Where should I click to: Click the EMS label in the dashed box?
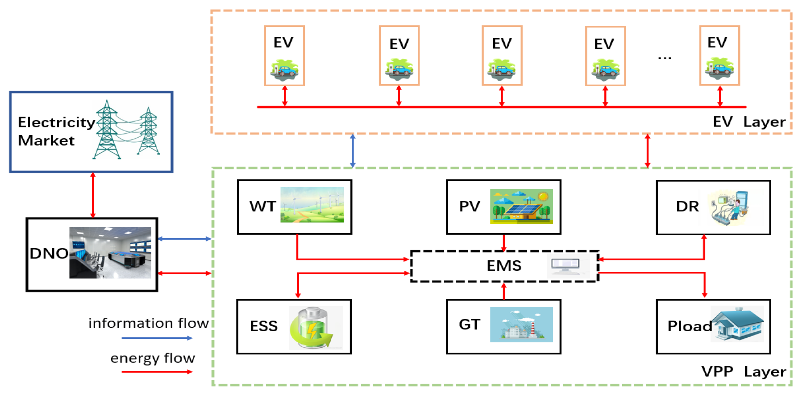(x=504, y=266)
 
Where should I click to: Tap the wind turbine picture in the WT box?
(x=312, y=205)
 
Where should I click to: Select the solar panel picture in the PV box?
(x=521, y=206)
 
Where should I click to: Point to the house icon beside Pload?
(x=737, y=324)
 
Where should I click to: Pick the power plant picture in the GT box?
(x=521, y=325)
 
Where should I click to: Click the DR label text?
(x=687, y=206)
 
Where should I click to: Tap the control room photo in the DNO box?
(x=110, y=253)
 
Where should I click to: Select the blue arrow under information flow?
(x=157, y=338)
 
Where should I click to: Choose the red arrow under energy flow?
(x=157, y=372)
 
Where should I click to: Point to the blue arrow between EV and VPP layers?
(x=352, y=151)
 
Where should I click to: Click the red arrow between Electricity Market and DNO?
(x=93, y=195)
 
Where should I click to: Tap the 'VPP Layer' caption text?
(x=744, y=371)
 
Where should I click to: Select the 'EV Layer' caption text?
(x=749, y=122)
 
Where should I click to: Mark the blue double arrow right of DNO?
(x=184, y=239)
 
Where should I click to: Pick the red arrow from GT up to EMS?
(x=504, y=292)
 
